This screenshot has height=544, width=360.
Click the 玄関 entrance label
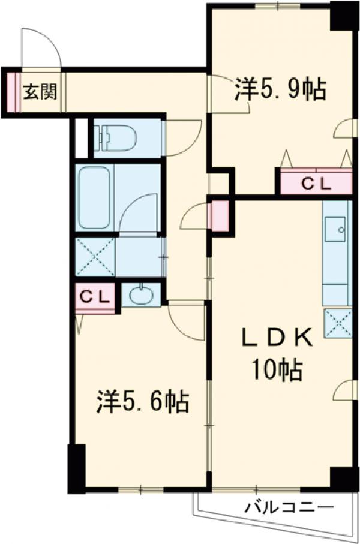40,92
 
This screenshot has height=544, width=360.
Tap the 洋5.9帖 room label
280,90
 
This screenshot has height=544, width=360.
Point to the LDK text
277,339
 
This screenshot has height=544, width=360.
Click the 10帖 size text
277,371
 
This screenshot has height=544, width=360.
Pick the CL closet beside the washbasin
95,296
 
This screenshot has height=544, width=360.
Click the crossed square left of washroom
95,257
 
